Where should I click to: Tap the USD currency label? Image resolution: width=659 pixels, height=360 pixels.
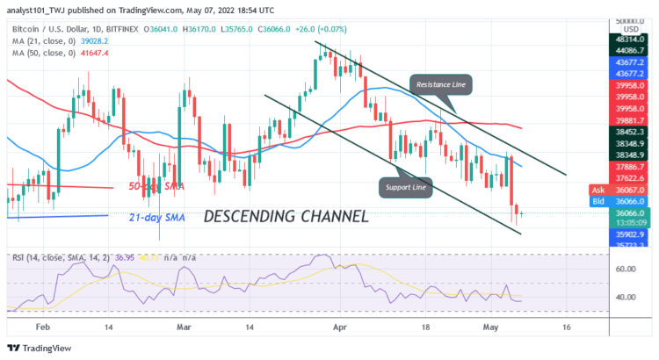click(631, 29)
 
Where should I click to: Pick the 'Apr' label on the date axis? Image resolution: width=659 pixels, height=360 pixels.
click(339, 325)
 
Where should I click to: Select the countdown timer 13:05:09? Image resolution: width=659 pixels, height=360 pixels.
click(632, 223)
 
